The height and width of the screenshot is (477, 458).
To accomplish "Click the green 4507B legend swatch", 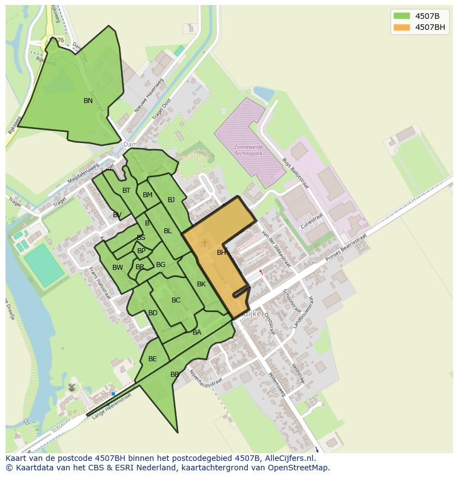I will pyautogui.click(x=402, y=16).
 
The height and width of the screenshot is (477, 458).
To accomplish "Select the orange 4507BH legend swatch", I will pyautogui.click(x=402, y=27).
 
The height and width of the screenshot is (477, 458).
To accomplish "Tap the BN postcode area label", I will pyautogui.click(x=88, y=101).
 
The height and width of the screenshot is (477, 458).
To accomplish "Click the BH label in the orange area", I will pyautogui.click(x=221, y=253).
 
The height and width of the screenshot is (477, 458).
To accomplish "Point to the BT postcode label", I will pyautogui.click(x=126, y=191).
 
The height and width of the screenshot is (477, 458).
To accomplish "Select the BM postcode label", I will pyautogui.click(x=148, y=195).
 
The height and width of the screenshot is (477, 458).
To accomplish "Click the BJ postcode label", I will pyautogui.click(x=171, y=200).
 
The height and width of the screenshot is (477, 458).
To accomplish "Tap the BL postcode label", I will pyautogui.click(x=168, y=231).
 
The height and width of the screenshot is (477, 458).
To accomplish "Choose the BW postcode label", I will pyautogui.click(x=118, y=268).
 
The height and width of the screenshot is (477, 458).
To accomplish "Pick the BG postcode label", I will pyautogui.click(x=160, y=265).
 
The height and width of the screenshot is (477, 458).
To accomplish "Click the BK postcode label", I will pyautogui.click(x=201, y=284).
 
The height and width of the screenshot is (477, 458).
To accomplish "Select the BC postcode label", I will pyautogui.click(x=176, y=300).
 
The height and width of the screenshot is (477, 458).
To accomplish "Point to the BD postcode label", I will pyautogui.click(x=153, y=313).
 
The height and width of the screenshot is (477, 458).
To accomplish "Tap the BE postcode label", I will pyautogui.click(x=152, y=359).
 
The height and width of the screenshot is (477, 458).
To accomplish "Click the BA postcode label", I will pyautogui.click(x=197, y=332).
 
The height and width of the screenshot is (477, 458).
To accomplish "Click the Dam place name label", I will pyautogui.click(x=131, y=145).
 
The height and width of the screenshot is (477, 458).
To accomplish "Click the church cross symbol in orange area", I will pyautogui.click(x=205, y=243).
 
